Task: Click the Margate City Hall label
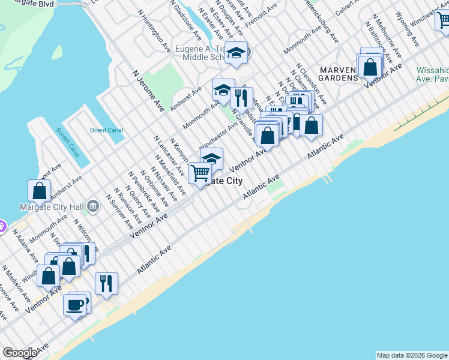pos(52,207)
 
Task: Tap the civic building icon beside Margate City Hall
pos(93,207)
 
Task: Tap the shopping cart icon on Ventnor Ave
pos(200,173)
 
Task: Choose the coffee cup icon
pos(75,305)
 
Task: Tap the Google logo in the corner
pos(20,353)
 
